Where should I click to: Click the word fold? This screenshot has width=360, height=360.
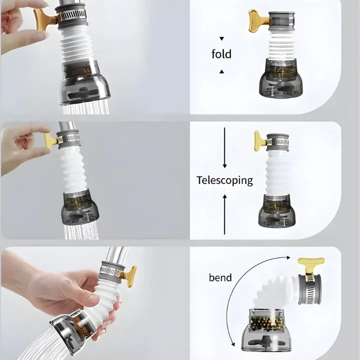(x=221, y=53)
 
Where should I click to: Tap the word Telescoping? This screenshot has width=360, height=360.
(x=225, y=180)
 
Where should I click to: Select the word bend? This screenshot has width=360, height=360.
(x=220, y=277)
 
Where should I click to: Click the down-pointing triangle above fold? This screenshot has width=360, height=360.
(x=221, y=38)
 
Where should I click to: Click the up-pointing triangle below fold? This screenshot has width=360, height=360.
(x=221, y=71)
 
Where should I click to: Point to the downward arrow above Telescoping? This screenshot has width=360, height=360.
(x=224, y=147)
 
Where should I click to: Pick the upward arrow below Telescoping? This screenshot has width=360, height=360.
(x=224, y=214)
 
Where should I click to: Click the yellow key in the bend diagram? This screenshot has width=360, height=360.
(x=311, y=266)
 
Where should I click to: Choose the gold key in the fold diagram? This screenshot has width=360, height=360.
(x=259, y=20)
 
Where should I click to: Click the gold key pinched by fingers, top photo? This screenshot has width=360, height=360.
(x=45, y=19)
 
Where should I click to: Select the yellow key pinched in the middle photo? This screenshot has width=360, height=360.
(x=51, y=140)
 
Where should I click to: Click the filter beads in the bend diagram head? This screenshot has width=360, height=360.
(x=266, y=323)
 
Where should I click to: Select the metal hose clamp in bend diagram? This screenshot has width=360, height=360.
(x=310, y=289)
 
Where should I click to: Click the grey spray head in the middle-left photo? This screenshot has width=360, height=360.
(x=80, y=207)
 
